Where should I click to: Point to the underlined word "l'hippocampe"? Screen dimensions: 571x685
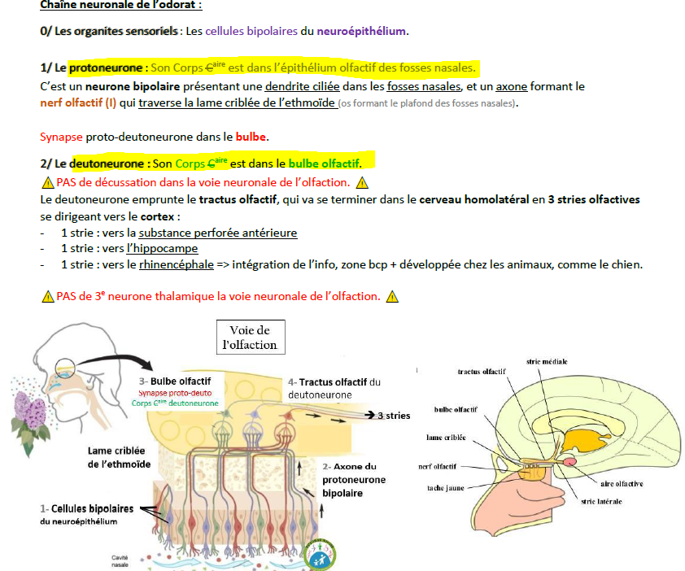pyautogui.click(x=167, y=249)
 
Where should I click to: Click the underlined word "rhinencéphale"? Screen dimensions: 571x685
pyautogui.click(x=177, y=264)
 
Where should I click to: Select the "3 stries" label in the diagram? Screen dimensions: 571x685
pyautogui.click(x=395, y=416)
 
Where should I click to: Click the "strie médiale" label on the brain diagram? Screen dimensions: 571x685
pyautogui.click(x=547, y=361)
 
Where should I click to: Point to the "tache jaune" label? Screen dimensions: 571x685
pyautogui.click(x=446, y=488)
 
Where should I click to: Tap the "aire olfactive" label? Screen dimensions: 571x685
pyautogui.click(x=622, y=484)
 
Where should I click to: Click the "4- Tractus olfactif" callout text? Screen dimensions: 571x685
pyautogui.click(x=334, y=382)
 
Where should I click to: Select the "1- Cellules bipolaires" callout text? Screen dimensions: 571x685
pyautogui.click(x=88, y=509)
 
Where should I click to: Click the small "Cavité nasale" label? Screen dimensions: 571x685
pyautogui.click(x=120, y=561)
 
